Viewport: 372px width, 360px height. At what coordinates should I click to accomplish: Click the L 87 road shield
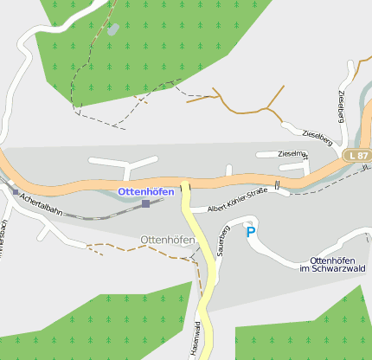tap(357, 155)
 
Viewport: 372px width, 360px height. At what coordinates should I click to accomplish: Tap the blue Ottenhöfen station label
tap(151, 191)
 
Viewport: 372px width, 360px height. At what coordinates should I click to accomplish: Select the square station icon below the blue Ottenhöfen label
tap(145, 203)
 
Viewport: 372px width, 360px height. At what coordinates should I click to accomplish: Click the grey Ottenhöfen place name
tap(166, 240)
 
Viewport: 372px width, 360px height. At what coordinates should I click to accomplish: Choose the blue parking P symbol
tap(251, 231)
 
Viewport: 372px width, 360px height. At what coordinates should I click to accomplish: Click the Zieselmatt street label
tap(293, 154)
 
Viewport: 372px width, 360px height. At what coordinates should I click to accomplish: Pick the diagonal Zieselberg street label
tap(317, 135)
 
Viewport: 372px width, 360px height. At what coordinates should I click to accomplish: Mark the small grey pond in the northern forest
tap(113, 29)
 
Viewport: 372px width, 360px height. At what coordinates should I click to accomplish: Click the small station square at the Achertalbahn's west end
tap(15, 191)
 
